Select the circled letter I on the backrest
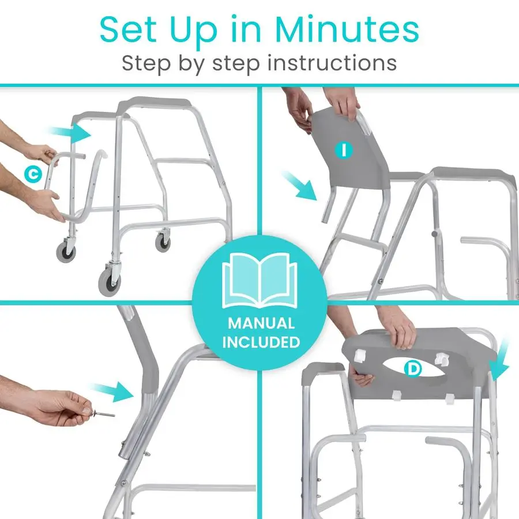click(x=344, y=151)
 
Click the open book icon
click(x=259, y=281)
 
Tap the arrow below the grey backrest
click(x=303, y=185)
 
